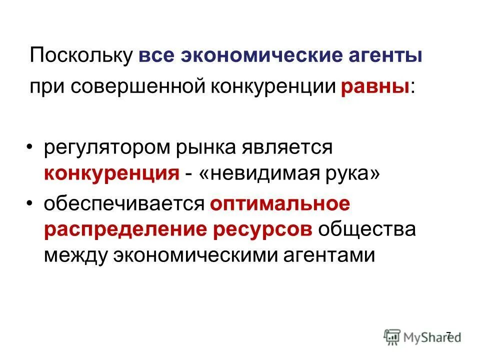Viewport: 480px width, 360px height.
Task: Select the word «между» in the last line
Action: [75, 255]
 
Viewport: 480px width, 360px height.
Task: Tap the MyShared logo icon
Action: [392, 335]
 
